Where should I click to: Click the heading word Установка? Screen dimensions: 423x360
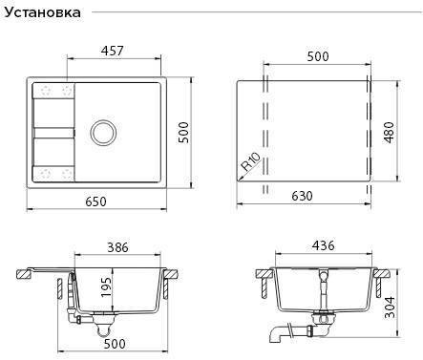pyautogui.click(x=42, y=12)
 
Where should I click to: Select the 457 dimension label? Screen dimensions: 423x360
pyautogui.click(x=112, y=51)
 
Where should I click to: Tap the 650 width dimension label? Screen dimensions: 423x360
pyautogui.click(x=95, y=201)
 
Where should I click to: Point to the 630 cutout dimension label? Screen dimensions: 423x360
pyautogui.click(x=302, y=196)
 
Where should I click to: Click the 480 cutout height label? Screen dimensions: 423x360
pyautogui.click(x=389, y=133)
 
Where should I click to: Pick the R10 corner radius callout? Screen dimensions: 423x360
pyautogui.click(x=251, y=161)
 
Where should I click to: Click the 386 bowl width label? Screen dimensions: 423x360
pyautogui.click(x=117, y=247)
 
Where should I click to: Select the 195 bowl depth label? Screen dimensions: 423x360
pyautogui.click(x=106, y=287)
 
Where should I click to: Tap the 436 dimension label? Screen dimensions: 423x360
pyautogui.click(x=324, y=245)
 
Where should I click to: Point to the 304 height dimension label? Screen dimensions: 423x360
pyautogui.click(x=390, y=307)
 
